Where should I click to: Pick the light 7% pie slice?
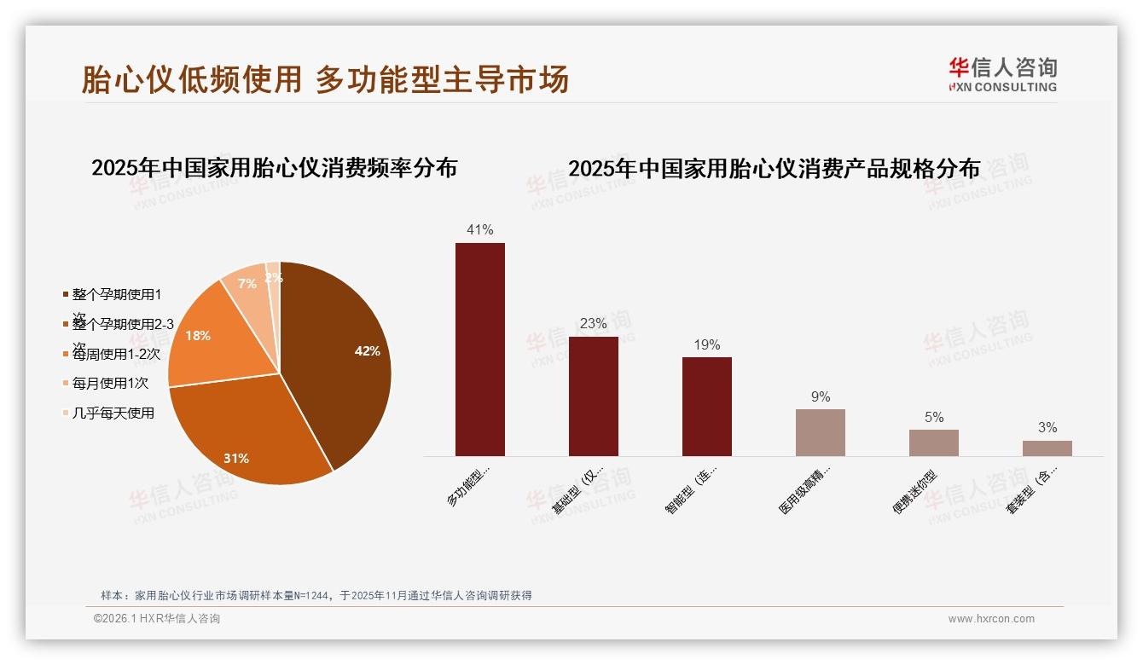(246, 286)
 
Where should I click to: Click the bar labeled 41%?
(479, 350)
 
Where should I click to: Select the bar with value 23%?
(593, 396)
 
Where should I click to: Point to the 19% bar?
(706, 407)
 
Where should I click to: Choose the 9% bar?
(820, 432)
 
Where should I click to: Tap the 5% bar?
(933, 442)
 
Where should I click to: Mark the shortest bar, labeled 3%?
(1047, 448)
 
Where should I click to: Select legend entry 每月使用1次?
(111, 383)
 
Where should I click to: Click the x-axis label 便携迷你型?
(914, 492)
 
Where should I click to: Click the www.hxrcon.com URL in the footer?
(991, 619)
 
